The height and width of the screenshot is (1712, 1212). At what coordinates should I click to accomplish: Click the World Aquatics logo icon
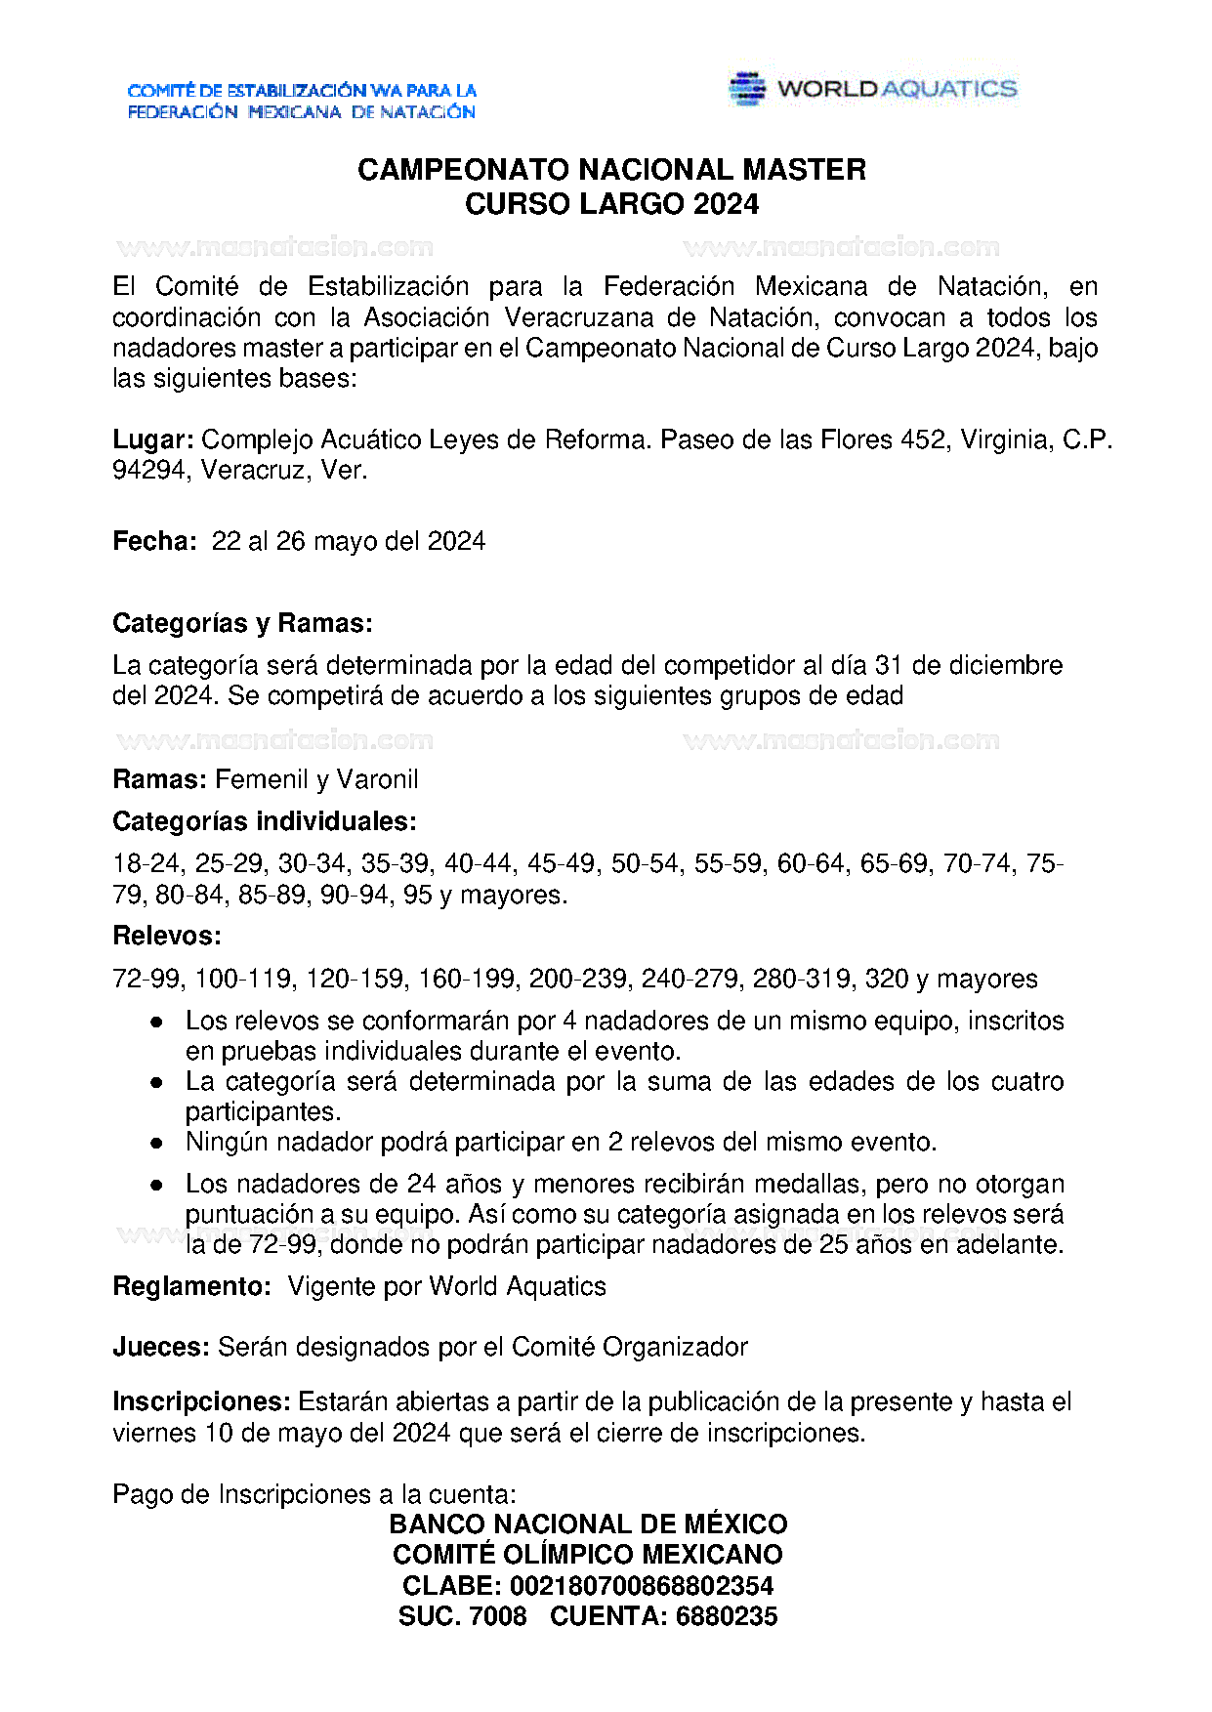(747, 89)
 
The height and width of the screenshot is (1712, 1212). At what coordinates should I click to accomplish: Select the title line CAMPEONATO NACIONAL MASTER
(611, 170)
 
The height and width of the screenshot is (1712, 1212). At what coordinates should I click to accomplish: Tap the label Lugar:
(153, 440)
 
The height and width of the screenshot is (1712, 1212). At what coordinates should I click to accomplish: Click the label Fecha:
(155, 542)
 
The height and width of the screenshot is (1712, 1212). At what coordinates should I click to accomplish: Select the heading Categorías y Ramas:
(242, 623)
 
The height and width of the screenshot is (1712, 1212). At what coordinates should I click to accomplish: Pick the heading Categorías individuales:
(265, 821)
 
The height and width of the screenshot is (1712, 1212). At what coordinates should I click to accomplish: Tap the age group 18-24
(146, 864)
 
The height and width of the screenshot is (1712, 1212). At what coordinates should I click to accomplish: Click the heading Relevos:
(167, 936)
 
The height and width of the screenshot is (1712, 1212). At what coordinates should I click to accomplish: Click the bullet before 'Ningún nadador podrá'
(156, 1143)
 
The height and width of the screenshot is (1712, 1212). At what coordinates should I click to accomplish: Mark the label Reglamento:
(191, 1286)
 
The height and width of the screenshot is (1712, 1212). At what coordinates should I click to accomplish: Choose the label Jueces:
(161, 1348)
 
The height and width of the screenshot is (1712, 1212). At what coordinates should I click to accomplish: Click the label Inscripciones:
(201, 1402)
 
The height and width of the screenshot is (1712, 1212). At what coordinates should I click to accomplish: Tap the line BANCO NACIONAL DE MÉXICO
(588, 1524)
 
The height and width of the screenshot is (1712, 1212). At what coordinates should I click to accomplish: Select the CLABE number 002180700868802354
(642, 1586)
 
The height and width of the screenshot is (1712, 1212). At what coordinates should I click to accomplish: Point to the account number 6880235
(727, 1617)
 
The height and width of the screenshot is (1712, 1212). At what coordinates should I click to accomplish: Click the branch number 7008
(498, 1617)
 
